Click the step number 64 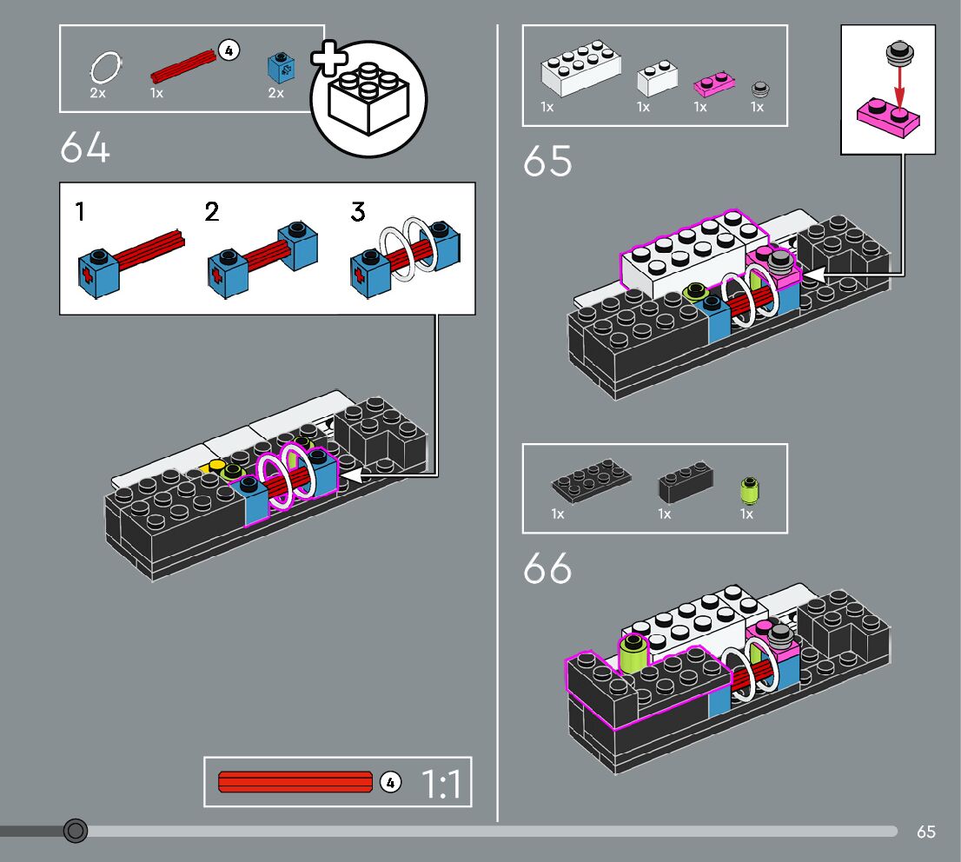point(85,148)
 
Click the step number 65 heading point(547,162)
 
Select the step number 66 point(547,568)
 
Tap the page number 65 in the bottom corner point(926,832)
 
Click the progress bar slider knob point(76,831)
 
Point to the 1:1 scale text point(441,784)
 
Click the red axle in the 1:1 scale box point(295,782)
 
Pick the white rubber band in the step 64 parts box point(105,67)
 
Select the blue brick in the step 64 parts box point(281,68)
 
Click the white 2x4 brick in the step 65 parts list point(580,68)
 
